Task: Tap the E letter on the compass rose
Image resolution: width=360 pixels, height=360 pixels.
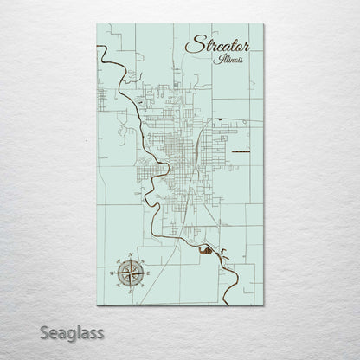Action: coord(146,273)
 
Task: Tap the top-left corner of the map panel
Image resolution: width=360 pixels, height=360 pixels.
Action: coord(97,24)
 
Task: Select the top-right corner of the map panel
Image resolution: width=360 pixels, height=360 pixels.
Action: coord(264,24)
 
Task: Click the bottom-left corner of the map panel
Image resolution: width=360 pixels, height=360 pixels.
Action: coord(97,305)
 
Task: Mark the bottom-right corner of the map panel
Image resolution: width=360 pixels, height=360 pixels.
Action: coord(264,305)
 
